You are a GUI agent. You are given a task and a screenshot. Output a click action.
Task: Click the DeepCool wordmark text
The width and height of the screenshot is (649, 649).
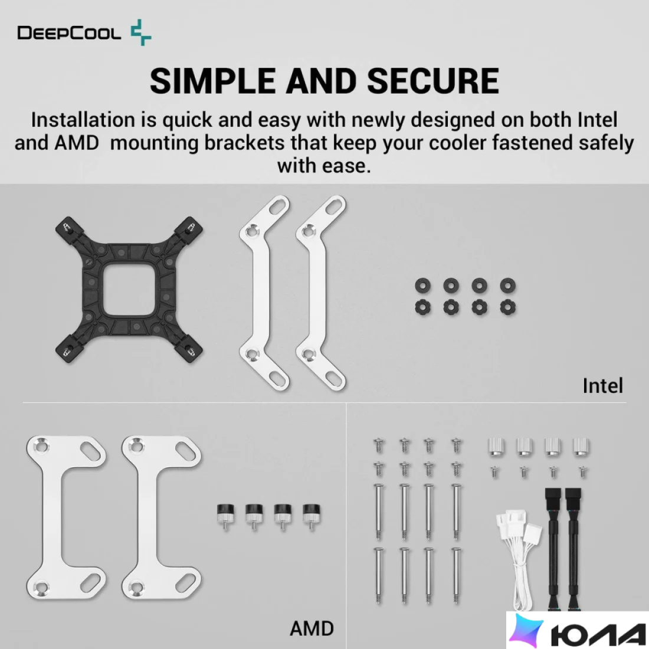[69, 32]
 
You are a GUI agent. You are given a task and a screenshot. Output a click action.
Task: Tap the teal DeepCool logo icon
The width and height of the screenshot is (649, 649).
[141, 32]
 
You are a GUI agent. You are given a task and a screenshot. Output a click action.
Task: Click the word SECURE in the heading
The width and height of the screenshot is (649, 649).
[433, 81]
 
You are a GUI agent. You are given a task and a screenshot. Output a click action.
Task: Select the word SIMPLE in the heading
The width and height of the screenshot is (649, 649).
[213, 81]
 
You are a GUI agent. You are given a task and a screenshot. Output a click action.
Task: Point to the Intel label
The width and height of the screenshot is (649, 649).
[602, 386]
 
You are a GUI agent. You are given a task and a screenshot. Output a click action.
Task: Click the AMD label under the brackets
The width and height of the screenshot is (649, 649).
[312, 629]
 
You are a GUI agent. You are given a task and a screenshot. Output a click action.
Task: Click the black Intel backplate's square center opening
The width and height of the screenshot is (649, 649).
[130, 290]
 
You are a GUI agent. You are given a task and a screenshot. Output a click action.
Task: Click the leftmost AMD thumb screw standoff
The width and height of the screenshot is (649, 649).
[225, 516]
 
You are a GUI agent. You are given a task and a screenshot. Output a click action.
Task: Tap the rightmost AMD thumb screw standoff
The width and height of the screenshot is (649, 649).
[311, 516]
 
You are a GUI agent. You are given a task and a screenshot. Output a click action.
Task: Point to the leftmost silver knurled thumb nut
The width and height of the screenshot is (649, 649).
[497, 447]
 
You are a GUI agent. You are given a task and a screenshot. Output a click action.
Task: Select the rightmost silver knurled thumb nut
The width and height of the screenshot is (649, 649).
[581, 447]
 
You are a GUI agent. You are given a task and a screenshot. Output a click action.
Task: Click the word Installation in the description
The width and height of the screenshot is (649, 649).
[83, 120]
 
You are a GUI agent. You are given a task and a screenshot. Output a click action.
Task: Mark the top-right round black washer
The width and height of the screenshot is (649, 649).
[507, 285]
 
